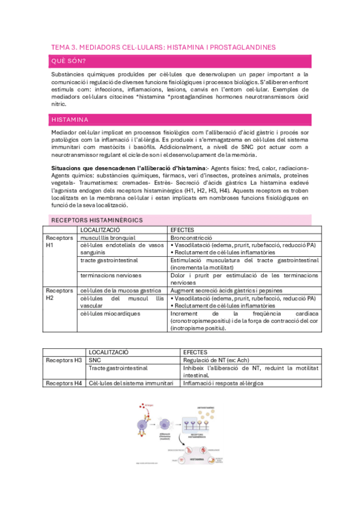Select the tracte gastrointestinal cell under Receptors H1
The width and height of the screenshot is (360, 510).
click(x=109, y=260)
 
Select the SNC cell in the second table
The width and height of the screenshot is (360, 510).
click(x=95, y=360)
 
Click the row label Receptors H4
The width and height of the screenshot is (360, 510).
click(x=65, y=383)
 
